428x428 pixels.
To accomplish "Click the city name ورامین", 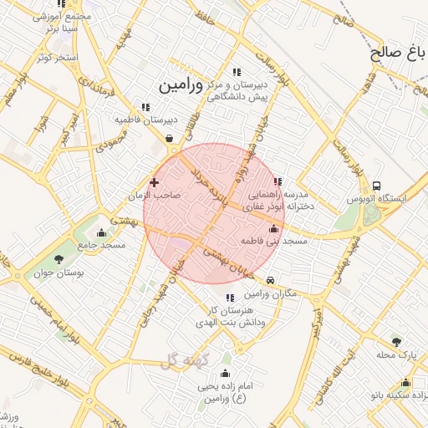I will point(180,84).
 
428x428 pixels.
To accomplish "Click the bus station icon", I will point(378,186).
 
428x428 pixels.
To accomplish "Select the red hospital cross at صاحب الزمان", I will point(154,181).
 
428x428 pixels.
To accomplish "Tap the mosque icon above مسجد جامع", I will point(102,232).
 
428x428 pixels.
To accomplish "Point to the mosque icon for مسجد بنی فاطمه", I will point(273,228).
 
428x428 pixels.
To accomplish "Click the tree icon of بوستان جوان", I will point(59,259).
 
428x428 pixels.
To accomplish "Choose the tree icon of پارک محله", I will point(396,341).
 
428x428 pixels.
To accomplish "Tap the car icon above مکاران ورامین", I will point(272,280).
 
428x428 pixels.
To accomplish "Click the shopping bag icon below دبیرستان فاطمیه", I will point(170,138).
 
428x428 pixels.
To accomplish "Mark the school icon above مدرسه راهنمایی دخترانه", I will point(278,181).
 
